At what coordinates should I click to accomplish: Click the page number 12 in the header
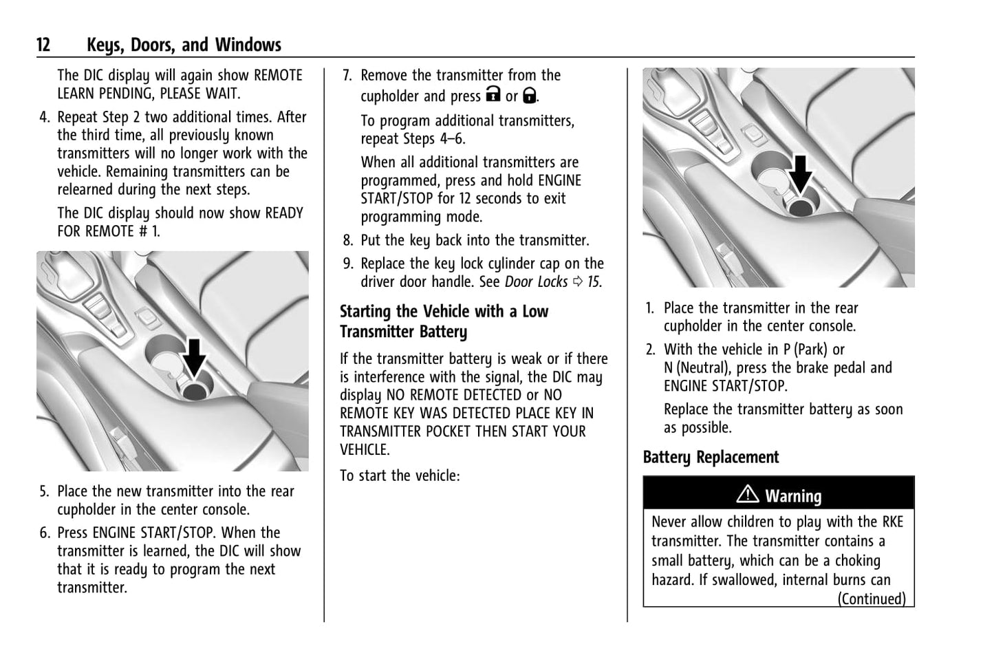click(43, 45)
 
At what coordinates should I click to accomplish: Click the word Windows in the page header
click(248, 45)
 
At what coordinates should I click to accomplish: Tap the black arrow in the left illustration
click(195, 357)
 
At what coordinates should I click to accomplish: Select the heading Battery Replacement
click(711, 458)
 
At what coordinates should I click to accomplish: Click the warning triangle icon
click(747, 495)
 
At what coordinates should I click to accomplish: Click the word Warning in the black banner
click(793, 496)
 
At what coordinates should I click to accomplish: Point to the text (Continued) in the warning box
click(871, 599)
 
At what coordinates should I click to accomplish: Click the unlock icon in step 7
click(493, 95)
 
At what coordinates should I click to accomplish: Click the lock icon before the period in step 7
click(529, 95)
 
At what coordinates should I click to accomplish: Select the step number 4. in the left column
click(45, 118)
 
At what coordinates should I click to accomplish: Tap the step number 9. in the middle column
click(348, 264)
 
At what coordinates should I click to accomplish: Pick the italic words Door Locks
click(536, 282)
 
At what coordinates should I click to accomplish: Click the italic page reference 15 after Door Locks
click(594, 282)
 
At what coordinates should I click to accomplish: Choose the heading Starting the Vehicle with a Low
click(444, 312)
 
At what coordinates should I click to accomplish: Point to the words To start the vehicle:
click(399, 475)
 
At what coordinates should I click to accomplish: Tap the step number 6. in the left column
click(45, 533)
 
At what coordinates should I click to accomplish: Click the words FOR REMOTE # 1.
click(109, 231)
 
